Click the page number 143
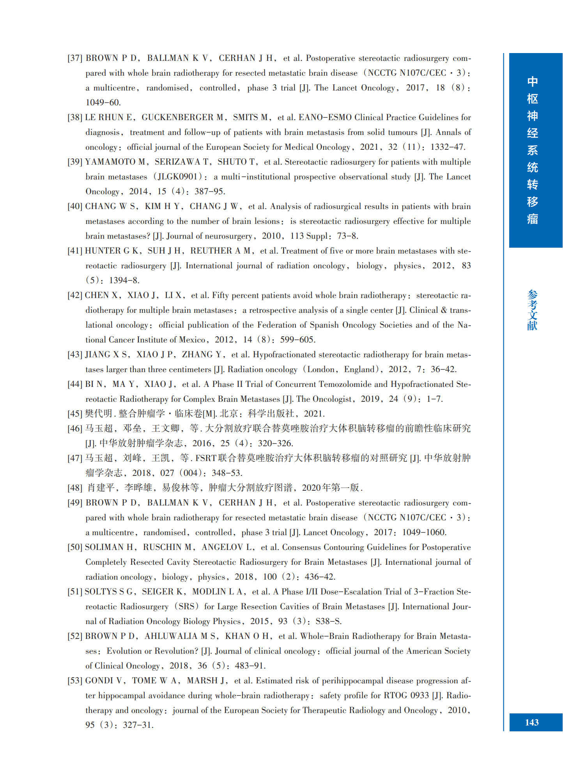(x=532, y=722)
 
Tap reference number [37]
(x=75, y=59)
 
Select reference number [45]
(x=75, y=414)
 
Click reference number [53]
(x=75, y=681)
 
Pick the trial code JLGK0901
(x=177, y=177)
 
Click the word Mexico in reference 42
(x=192, y=340)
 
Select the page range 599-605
(x=297, y=340)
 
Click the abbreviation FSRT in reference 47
(x=206, y=458)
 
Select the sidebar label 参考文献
(x=532, y=310)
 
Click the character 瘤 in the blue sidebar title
(x=532, y=219)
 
